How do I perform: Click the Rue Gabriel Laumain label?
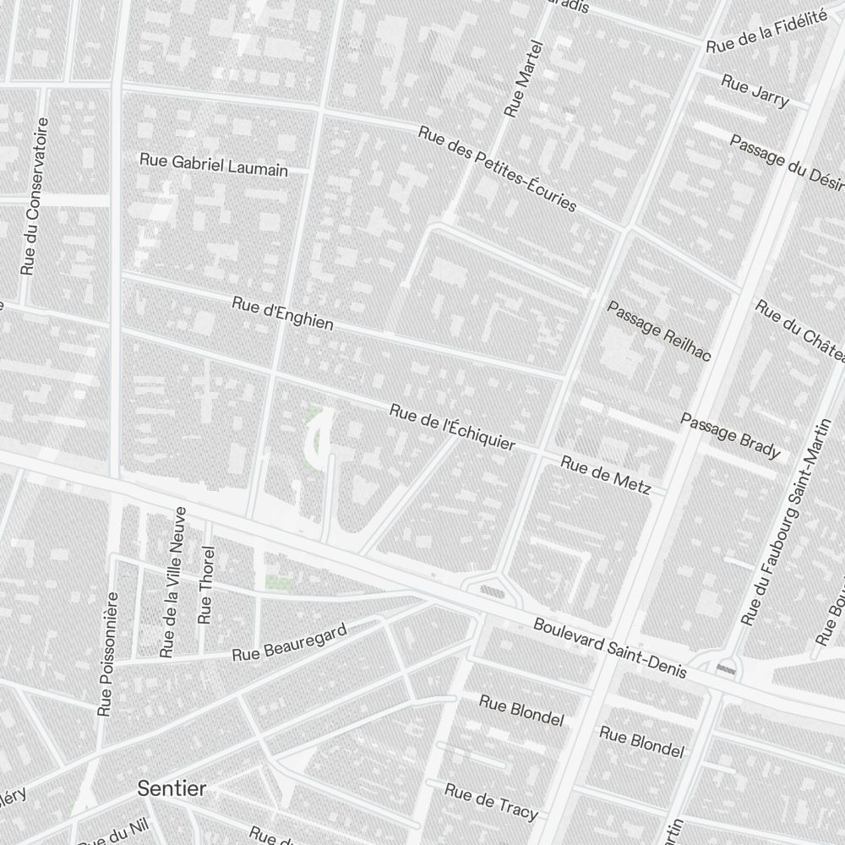(x=214, y=165)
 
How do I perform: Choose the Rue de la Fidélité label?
(x=766, y=34)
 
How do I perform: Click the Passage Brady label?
(x=730, y=436)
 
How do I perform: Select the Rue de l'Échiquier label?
(x=452, y=427)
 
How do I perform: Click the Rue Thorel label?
(x=205, y=585)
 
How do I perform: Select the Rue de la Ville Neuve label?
(x=172, y=582)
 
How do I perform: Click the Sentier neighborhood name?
(x=172, y=788)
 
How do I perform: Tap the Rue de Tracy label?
(x=491, y=801)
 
